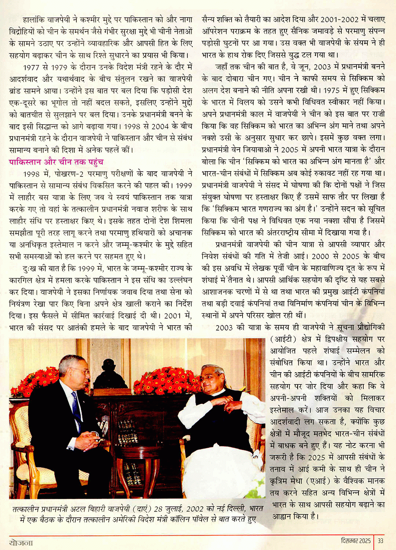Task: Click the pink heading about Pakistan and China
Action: coord(56,162)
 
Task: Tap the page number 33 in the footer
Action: coord(380,541)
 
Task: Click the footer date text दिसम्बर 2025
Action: coord(356,541)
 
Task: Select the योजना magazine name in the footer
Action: coord(21,543)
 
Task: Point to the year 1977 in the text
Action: coord(31,67)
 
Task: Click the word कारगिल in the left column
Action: coord(21,280)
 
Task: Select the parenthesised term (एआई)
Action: coord(322,481)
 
